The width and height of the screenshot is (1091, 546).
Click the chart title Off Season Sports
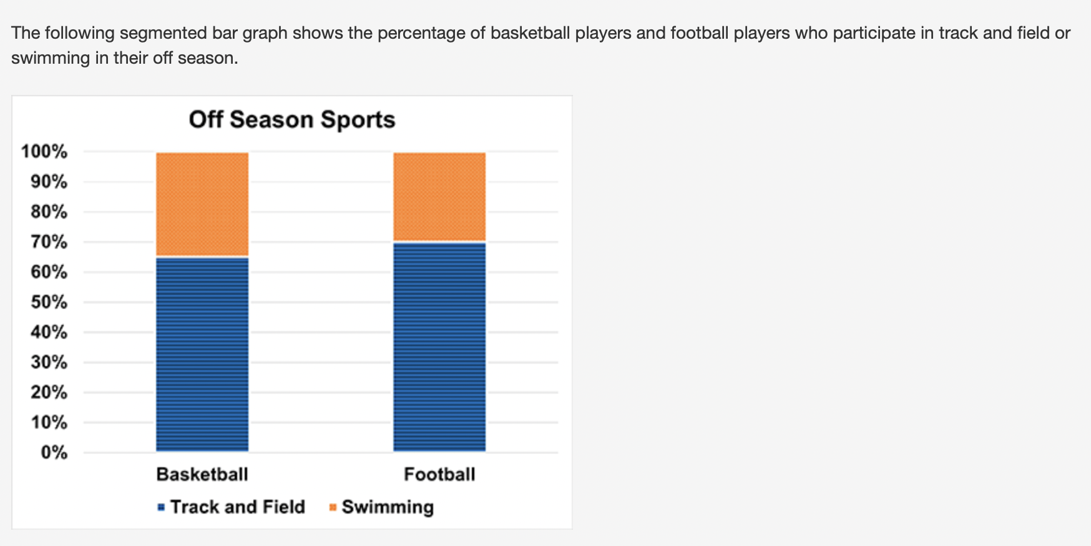click(x=292, y=119)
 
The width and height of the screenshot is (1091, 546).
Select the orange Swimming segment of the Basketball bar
click(x=202, y=204)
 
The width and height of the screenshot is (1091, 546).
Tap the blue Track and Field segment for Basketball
click(x=202, y=354)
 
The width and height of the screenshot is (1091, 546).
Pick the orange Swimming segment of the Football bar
click(x=439, y=196)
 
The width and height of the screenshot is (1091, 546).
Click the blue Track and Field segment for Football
click(x=439, y=347)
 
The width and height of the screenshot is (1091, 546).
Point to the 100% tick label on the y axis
click(x=44, y=151)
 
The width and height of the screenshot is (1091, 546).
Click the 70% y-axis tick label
click(x=49, y=242)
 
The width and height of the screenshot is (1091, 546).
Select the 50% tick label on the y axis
click(x=49, y=302)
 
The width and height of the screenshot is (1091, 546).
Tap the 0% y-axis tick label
click(x=54, y=452)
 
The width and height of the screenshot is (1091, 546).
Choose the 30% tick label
click(x=49, y=362)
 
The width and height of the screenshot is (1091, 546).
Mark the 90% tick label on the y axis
click(x=49, y=182)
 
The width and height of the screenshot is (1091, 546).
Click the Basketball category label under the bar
click(x=202, y=475)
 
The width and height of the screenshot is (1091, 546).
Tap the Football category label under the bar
click(x=439, y=475)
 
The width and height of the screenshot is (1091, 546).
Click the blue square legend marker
click(x=161, y=507)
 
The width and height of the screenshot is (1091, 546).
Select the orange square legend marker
click(x=333, y=507)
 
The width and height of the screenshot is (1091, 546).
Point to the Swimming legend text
click(x=388, y=507)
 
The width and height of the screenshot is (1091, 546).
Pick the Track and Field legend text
click(x=238, y=507)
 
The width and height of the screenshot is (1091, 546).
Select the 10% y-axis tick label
click(x=49, y=422)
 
